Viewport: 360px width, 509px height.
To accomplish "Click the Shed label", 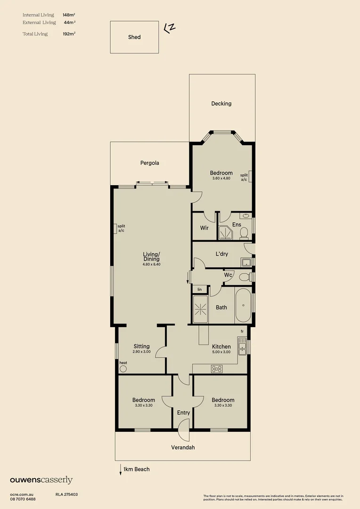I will pyautogui.click(x=134, y=37).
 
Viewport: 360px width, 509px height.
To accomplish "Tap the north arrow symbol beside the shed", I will pyautogui.click(x=169, y=28).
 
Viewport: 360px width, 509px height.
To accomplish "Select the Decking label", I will pyautogui.click(x=221, y=104).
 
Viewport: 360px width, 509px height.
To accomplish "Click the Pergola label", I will pyautogui.click(x=150, y=163).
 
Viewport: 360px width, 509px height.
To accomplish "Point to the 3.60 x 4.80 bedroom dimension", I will pyautogui.click(x=221, y=179).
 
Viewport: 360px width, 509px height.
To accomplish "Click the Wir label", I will pyautogui.click(x=205, y=228).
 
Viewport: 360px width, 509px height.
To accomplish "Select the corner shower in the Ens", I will pyautogui.click(x=224, y=233).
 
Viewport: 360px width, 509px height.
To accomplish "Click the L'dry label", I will pyautogui.click(x=221, y=254).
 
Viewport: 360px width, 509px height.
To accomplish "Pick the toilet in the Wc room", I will pyautogui.click(x=244, y=277).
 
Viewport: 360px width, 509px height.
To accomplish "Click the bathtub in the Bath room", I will pyautogui.click(x=244, y=306).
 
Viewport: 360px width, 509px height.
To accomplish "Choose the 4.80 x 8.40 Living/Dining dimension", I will pyautogui.click(x=151, y=264).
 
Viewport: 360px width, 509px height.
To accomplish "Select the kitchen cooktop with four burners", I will pyautogui.click(x=217, y=369).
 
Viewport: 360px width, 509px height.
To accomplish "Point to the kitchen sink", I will pyautogui.click(x=242, y=348).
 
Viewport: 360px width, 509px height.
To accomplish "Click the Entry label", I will pyautogui.click(x=183, y=413).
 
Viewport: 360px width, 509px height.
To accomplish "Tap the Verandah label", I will pyautogui.click(x=183, y=448).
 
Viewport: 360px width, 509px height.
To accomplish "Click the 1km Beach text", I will pyautogui.click(x=137, y=469).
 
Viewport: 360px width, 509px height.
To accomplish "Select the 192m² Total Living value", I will pyautogui.click(x=69, y=34).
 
